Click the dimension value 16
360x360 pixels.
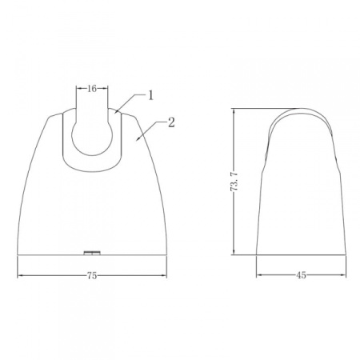[92, 89]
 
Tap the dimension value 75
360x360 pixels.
[92, 275]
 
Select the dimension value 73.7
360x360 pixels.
[234, 182]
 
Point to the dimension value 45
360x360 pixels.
[301, 275]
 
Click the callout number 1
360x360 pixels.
[151, 95]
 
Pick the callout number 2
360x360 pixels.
[171, 122]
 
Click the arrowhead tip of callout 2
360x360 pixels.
[136, 141]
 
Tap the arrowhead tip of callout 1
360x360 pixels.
[115, 114]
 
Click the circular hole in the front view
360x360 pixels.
[92, 138]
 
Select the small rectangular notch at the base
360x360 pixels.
[92, 253]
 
